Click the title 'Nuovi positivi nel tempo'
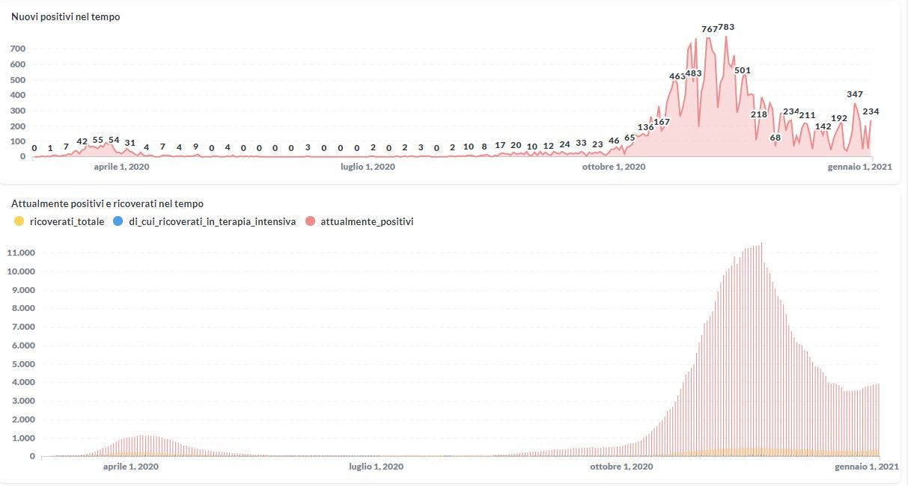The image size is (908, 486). click(x=66, y=16)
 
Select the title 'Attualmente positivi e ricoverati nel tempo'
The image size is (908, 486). click(x=107, y=203)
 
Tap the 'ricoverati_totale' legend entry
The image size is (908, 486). click(x=66, y=221)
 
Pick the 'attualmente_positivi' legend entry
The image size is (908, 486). click(x=367, y=221)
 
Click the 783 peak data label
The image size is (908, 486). click(x=726, y=27)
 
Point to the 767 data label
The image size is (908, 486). click(x=709, y=29)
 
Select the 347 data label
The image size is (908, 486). click(x=855, y=94)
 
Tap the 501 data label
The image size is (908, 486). click(x=743, y=70)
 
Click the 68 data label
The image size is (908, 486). click(x=775, y=138)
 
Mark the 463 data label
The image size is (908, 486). click(x=677, y=76)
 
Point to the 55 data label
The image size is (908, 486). click(x=98, y=140)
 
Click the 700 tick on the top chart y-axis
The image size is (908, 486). click(x=18, y=49)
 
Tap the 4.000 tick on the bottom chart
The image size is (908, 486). click(x=22, y=383)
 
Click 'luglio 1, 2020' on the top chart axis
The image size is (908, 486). click(x=368, y=167)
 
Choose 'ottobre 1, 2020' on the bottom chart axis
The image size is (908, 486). click(x=621, y=467)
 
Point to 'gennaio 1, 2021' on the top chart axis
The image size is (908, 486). click(x=860, y=167)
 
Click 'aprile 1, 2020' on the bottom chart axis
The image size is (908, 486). click(x=130, y=467)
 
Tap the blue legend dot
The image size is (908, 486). click(x=117, y=221)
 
